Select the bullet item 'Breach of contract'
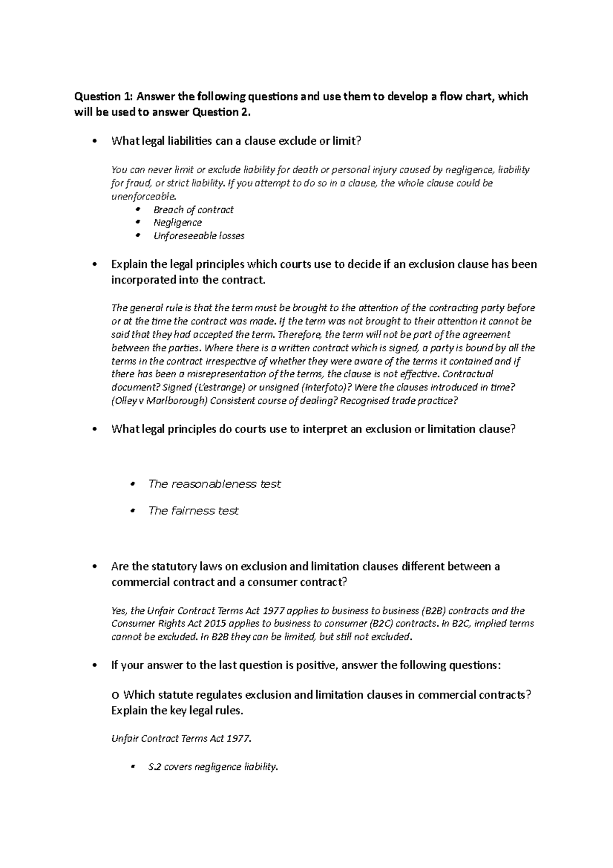tap(193, 210)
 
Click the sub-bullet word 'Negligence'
tap(177, 222)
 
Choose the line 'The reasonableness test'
tap(214, 484)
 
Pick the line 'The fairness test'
tap(193, 511)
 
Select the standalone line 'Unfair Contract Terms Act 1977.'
tap(181, 739)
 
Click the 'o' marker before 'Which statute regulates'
tap(115, 696)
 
